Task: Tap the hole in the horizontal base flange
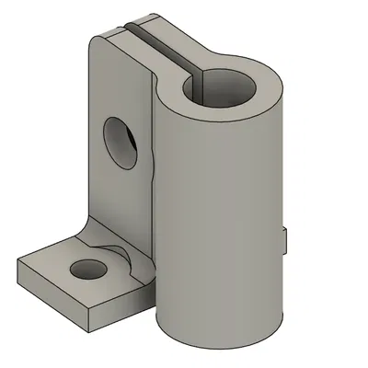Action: point(89,270)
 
